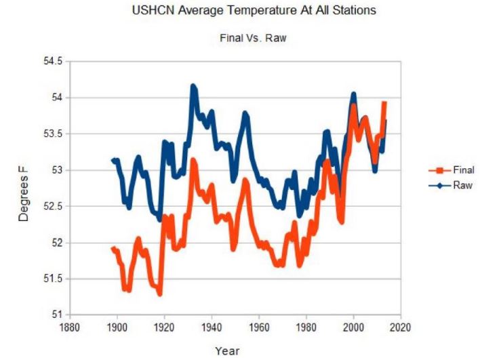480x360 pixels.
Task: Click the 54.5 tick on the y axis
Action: [49, 62]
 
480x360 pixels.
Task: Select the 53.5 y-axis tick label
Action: [49, 134]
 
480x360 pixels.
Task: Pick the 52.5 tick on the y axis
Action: [49, 207]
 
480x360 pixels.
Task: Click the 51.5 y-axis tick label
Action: [49, 279]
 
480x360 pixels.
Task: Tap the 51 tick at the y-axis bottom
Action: [54, 315]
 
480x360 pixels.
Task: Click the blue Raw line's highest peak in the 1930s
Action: [193, 86]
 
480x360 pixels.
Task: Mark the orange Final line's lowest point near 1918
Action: [160, 294]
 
